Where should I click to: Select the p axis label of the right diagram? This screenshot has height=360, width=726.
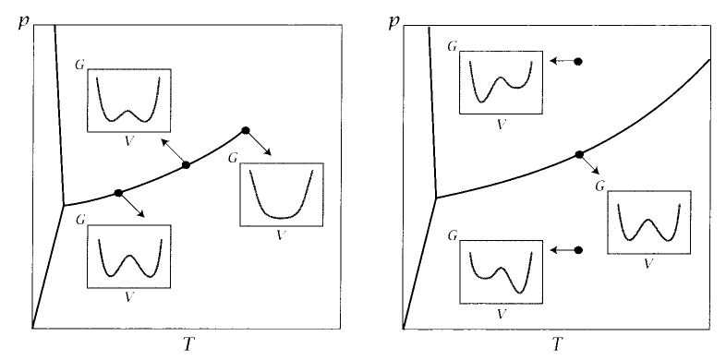coord(395,19)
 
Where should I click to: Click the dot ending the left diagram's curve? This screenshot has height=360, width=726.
coord(245,130)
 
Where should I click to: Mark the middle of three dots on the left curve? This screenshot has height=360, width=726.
coord(186,164)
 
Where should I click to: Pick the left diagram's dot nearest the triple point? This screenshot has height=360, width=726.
coord(118,192)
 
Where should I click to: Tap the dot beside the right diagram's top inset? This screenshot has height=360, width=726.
coord(578,61)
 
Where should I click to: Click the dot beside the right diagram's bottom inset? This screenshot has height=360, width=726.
coord(578,249)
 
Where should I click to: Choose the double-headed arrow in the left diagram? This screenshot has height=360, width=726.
coord(173,150)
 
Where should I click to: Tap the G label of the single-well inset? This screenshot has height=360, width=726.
coord(231,157)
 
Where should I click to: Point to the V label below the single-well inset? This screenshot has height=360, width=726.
coord(279,234)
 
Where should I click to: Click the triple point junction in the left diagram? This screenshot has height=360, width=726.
coord(63,204)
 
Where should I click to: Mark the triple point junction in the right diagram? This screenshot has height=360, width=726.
coord(435,197)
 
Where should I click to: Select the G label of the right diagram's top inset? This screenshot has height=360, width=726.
coord(452,45)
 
